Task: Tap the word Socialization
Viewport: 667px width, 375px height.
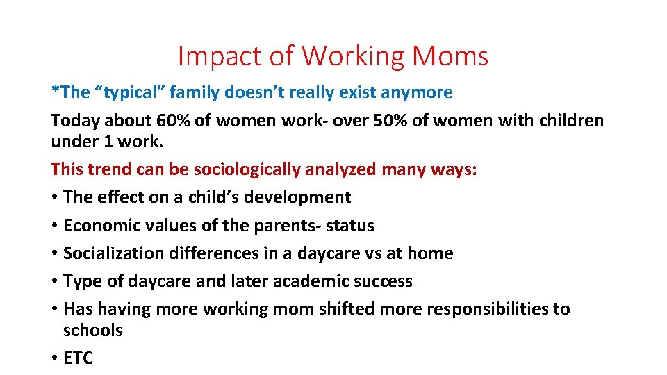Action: pos(113,253)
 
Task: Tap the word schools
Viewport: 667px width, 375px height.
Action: pos(92,331)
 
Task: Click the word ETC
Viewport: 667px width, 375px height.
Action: pos(78,358)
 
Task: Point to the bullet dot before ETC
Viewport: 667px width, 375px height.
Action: pos(54,358)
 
